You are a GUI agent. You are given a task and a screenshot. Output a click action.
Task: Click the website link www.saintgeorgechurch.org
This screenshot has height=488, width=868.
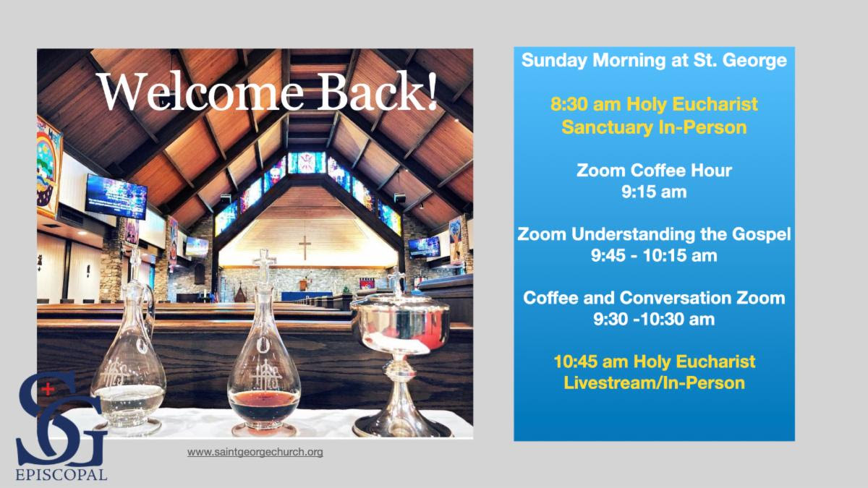pyautogui.click(x=255, y=452)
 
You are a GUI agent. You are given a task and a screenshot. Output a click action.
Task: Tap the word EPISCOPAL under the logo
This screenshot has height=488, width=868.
pyautogui.click(x=61, y=475)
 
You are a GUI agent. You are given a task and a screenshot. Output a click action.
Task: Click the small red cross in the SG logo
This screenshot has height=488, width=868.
pyautogui.click(x=47, y=388)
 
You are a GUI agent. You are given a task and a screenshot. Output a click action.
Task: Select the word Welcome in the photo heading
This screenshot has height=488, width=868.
pyautogui.click(x=200, y=92)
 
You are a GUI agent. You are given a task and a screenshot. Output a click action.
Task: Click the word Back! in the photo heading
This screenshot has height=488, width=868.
pyautogui.click(x=378, y=92)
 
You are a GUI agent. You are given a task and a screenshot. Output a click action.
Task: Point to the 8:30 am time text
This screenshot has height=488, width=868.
pyautogui.click(x=585, y=105)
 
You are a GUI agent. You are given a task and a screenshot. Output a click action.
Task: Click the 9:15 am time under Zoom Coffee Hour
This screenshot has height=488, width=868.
pyautogui.click(x=654, y=192)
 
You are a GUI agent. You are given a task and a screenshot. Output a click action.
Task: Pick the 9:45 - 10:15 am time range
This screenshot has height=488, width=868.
pyautogui.click(x=654, y=256)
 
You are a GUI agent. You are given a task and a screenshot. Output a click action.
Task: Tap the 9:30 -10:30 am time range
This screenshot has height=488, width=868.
pyautogui.click(x=654, y=320)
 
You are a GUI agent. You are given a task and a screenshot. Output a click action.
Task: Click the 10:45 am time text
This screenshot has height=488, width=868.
pyautogui.click(x=590, y=361)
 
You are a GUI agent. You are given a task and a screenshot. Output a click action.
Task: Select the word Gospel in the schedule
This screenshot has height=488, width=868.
pyautogui.click(x=761, y=235)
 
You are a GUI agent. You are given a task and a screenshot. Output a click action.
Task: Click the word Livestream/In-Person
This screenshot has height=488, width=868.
pyautogui.click(x=654, y=383)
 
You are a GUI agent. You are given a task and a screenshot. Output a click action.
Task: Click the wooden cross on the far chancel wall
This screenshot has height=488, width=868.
pyautogui.click(x=305, y=247)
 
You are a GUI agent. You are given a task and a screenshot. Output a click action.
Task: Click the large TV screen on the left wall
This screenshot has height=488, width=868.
pyautogui.click(x=116, y=197)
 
